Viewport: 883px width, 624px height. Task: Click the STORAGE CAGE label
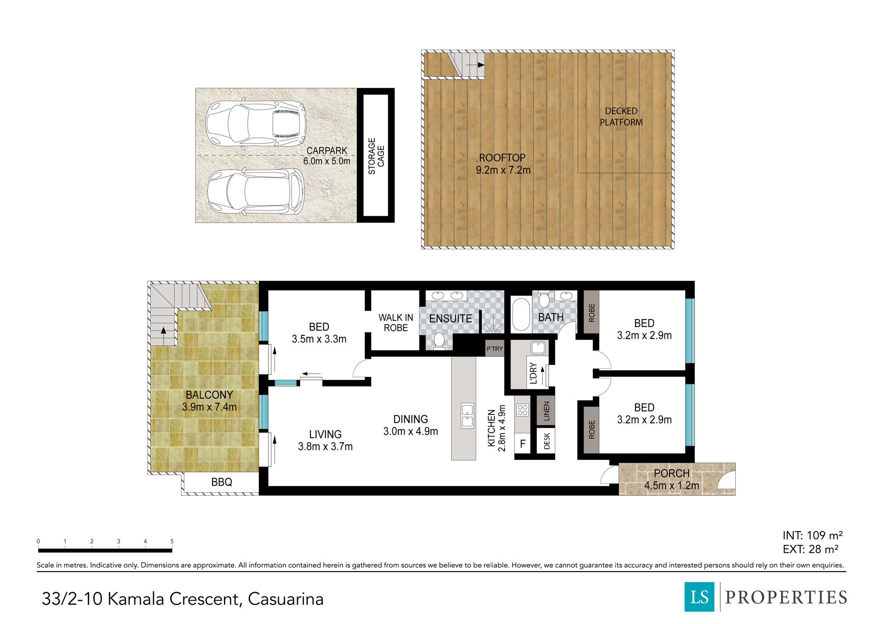pos(376,156)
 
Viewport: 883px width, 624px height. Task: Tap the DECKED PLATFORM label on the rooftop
pos(621,117)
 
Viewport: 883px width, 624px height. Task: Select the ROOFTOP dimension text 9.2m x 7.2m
pos(503,170)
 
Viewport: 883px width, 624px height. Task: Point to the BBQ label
pos(222,482)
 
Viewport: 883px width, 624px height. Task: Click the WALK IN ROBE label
pos(396,322)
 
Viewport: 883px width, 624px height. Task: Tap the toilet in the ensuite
pos(439,340)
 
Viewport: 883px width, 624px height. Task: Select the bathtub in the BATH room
pos(521,315)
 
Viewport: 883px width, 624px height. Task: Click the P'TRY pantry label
pos(495,349)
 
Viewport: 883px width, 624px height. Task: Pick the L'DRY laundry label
pos(533,373)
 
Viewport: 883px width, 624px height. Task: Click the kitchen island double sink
pos(467,416)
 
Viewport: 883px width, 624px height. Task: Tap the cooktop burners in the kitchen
pos(522,410)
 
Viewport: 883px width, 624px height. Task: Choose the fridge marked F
pos(522,444)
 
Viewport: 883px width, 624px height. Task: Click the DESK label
pos(547,441)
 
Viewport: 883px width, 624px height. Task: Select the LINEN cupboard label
pos(546,411)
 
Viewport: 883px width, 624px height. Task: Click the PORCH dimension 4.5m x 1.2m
pos(671,485)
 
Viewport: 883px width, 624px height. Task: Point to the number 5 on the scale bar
pos(172,541)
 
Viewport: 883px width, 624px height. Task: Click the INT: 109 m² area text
pos(813,535)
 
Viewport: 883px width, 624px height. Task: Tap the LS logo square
pos(700,597)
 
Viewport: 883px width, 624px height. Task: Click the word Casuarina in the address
pos(286,599)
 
